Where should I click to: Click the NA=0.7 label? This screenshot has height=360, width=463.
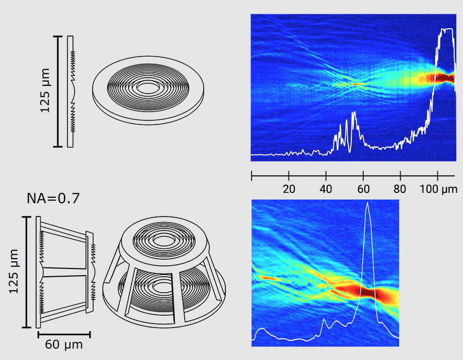(x=53, y=198)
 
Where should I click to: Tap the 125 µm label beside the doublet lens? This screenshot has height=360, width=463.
(x=14, y=272)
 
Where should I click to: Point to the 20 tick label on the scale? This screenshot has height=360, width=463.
(x=289, y=188)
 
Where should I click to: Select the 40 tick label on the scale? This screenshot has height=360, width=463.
(x=326, y=188)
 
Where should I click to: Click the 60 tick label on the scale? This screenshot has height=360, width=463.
(x=363, y=188)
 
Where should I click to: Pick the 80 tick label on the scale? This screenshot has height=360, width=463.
(x=400, y=188)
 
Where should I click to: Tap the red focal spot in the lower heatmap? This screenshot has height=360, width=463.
(x=368, y=293)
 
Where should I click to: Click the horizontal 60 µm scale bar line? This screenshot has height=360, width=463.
(x=64, y=334)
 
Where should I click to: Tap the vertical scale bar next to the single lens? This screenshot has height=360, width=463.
(x=58, y=91)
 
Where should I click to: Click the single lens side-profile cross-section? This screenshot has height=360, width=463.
(x=71, y=91)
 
